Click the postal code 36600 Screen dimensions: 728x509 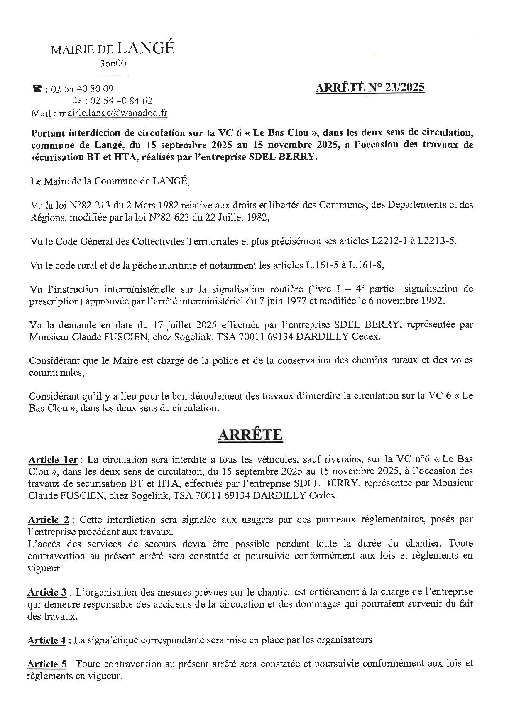click(113, 64)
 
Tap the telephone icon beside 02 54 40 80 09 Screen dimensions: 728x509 click(37, 88)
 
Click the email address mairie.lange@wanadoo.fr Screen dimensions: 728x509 click(113, 113)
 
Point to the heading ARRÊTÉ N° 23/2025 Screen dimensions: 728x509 click(370, 88)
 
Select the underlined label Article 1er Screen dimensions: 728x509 click(53, 460)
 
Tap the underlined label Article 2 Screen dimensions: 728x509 click(49, 520)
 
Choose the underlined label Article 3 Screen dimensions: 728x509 click(48, 592)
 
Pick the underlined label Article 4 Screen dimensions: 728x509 click(46, 640)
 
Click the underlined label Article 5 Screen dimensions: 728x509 click(47, 664)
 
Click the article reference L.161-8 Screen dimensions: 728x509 click(365, 265)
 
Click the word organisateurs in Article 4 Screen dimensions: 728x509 click(344, 640)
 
